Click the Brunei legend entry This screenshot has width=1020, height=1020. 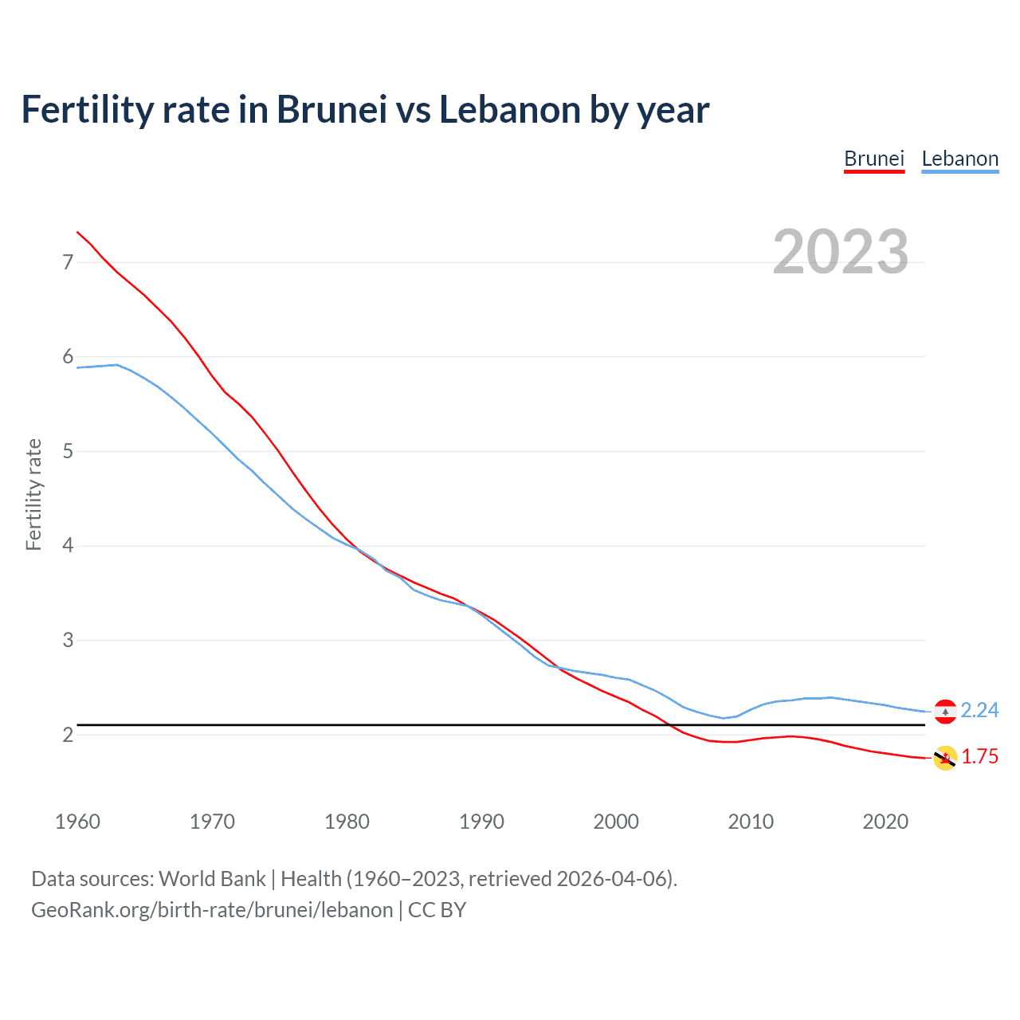[874, 159]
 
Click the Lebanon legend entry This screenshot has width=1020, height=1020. [959, 159]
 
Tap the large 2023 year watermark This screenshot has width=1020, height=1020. [841, 252]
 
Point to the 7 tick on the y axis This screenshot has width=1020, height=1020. [68, 262]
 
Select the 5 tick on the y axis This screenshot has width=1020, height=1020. [68, 451]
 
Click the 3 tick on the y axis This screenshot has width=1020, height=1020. [68, 640]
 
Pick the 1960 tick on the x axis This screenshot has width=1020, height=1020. [77, 822]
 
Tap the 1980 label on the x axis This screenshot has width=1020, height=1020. [347, 822]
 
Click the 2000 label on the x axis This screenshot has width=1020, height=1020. [616, 822]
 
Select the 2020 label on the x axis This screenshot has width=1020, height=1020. [885, 822]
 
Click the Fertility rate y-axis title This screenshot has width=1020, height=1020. [33, 494]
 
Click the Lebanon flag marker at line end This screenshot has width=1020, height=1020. [945, 711]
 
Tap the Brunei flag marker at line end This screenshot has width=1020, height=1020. [945, 758]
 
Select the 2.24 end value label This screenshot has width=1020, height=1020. [979, 710]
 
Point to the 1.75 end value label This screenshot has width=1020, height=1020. [979, 756]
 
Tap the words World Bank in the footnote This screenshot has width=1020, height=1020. [212, 878]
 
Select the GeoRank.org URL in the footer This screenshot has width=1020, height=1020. [212, 910]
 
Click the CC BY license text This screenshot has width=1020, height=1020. [437, 910]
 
